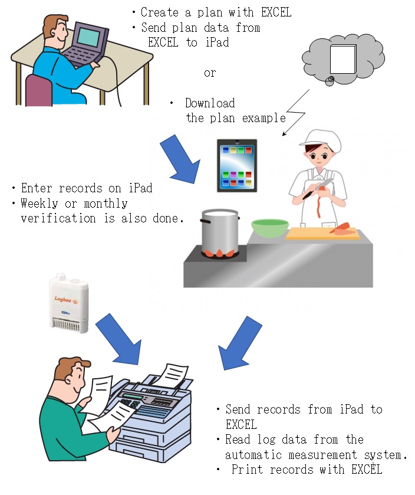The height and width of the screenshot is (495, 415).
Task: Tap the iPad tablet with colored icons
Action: point(236,165)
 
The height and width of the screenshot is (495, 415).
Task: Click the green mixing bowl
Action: point(269,228)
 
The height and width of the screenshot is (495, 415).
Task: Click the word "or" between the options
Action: point(210,73)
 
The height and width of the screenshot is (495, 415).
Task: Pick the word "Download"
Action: point(210,103)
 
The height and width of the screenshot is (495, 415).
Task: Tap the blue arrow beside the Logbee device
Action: point(120,339)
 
